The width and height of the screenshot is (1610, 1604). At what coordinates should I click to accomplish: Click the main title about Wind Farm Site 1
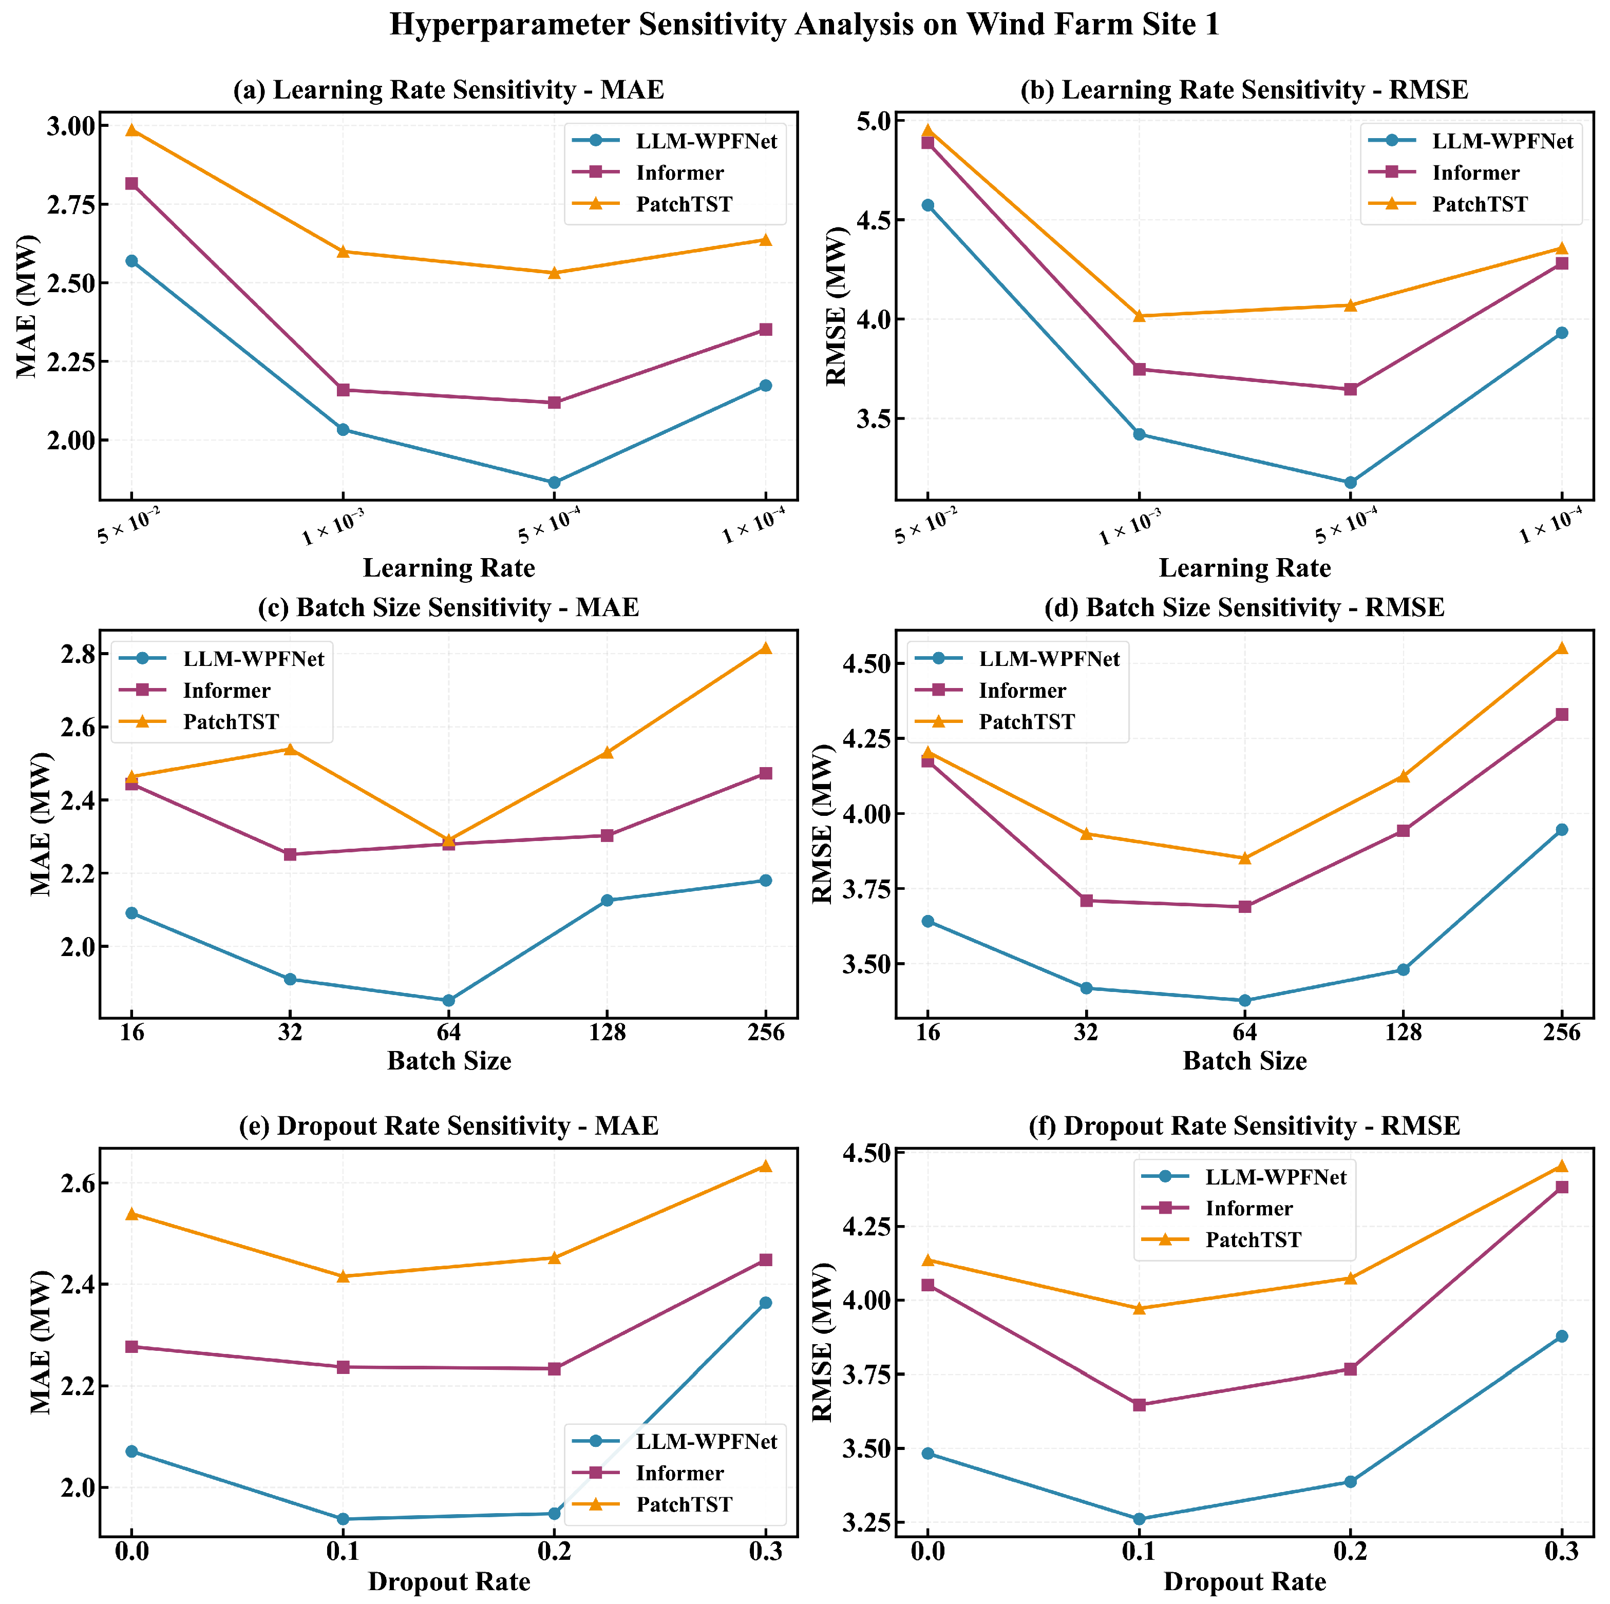[804, 25]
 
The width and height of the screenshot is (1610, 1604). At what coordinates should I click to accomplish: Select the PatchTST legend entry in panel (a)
[684, 204]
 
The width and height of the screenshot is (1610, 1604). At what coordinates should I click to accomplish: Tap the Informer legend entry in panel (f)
[1248, 1208]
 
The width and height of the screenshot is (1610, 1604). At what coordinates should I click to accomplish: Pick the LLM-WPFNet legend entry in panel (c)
[253, 658]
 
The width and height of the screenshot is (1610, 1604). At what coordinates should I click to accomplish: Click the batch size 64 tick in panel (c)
[448, 1033]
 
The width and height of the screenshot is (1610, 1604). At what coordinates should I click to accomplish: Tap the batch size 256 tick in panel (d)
[1561, 1033]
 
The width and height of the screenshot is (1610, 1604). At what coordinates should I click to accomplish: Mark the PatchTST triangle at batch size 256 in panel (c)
[765, 648]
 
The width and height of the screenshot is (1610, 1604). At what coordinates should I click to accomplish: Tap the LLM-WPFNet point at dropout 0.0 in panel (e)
[131, 1452]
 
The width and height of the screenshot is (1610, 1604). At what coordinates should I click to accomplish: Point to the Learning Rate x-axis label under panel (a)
[448, 568]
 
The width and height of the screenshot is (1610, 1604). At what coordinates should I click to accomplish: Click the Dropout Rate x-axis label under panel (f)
[1244, 1581]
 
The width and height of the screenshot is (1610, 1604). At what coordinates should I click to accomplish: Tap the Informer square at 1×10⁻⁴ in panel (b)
[1561, 263]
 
